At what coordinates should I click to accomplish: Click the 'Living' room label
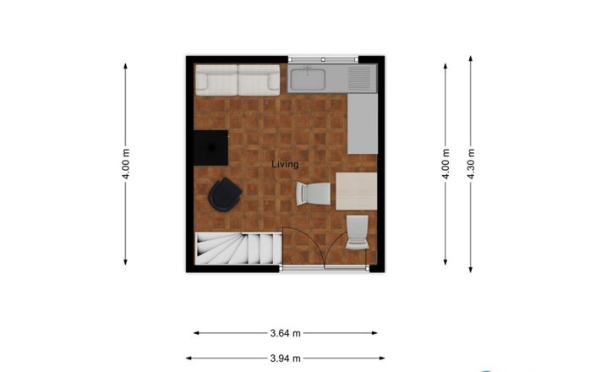coord(285,164)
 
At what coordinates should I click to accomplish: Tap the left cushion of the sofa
coord(217,81)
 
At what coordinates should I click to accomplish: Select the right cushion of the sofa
coord(259,81)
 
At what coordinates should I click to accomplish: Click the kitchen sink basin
coord(316,80)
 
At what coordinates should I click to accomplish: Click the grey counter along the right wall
coord(364,123)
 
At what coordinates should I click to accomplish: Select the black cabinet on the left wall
coord(211,148)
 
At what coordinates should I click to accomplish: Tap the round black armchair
coord(224,195)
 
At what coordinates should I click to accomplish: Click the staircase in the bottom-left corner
coord(238,249)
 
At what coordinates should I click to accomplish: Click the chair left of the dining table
coord(314,194)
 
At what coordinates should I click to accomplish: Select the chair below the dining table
coord(357,232)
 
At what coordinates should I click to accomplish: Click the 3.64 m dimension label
coord(285,333)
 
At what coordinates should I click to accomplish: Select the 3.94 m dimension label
coord(285,358)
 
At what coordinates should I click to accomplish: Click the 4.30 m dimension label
coord(471,166)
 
